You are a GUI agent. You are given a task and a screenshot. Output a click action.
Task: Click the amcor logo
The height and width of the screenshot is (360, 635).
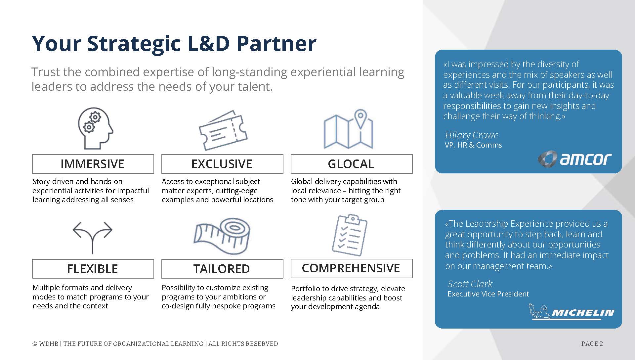pyautogui.click(x=575, y=159)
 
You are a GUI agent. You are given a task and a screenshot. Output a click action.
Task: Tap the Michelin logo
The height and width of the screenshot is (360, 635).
pyautogui.click(x=571, y=312)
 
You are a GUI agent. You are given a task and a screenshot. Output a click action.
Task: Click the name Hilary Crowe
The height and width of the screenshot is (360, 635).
pyautogui.click(x=471, y=135)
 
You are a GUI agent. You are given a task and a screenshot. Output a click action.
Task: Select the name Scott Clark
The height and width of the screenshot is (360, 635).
pyautogui.click(x=470, y=284)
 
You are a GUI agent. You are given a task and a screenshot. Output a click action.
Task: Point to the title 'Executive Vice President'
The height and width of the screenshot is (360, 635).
pyautogui.click(x=488, y=294)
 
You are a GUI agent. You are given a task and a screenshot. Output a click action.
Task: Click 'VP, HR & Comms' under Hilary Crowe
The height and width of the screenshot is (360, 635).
pyautogui.click(x=473, y=145)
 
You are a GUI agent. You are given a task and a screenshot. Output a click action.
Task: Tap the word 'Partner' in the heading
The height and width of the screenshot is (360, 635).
pyautogui.click(x=276, y=43)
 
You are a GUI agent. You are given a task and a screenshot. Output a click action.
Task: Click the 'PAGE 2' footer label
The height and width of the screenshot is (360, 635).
pyautogui.click(x=592, y=344)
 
